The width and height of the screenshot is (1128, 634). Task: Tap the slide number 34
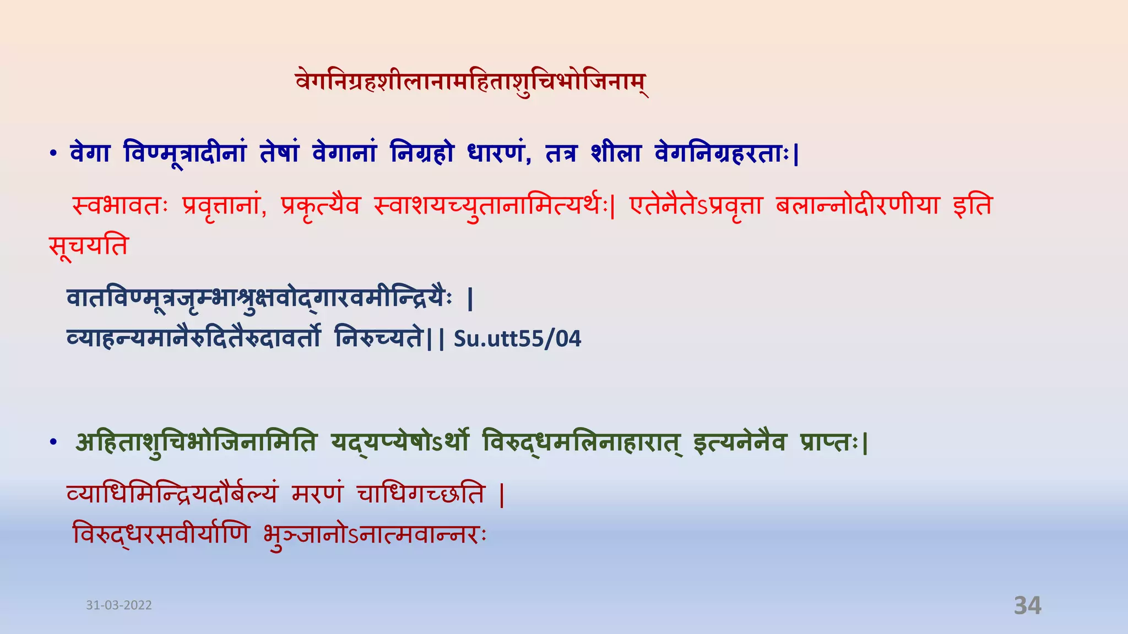point(1027,605)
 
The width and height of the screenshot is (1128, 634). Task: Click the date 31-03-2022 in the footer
point(119,605)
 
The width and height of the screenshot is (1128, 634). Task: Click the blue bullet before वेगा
point(53,155)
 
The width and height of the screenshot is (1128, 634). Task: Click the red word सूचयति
point(88,245)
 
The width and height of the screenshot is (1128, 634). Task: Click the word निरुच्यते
point(379,338)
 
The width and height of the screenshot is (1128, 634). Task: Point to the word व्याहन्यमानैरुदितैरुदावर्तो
point(193,338)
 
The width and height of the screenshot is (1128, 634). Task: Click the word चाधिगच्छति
point(421,494)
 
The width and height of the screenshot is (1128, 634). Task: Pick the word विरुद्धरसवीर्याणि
point(161,534)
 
